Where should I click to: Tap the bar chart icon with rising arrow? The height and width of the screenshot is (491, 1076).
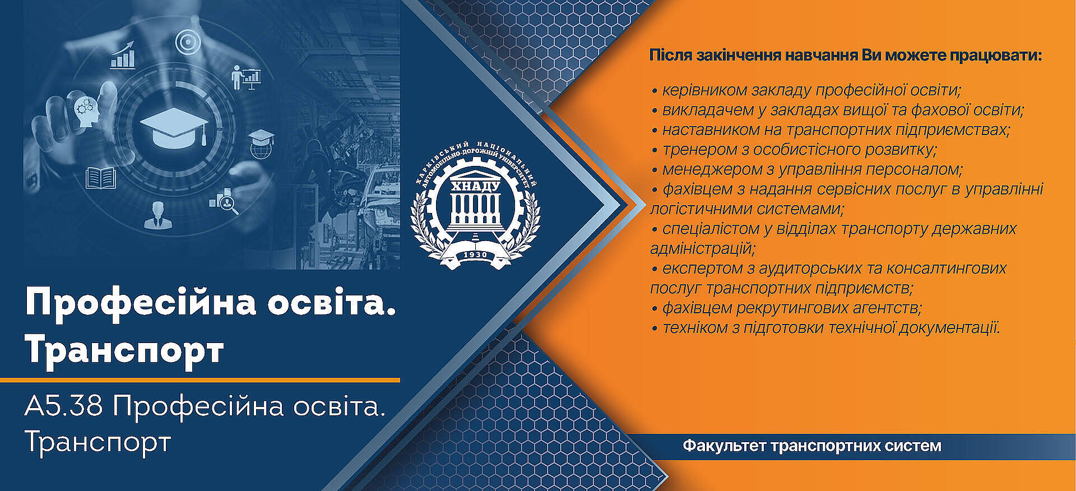tap(123, 55)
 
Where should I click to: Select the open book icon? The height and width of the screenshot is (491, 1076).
tap(101, 178)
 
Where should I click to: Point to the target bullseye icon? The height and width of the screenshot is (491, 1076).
tap(188, 42)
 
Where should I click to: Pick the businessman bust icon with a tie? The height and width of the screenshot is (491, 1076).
tap(158, 215)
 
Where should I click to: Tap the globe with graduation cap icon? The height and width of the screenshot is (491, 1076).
tap(261, 144)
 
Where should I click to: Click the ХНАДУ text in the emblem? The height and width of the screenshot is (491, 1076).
tap(475, 186)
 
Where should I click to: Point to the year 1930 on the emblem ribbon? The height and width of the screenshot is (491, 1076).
tap(475, 255)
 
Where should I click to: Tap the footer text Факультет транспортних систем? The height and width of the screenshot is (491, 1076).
tap(811, 446)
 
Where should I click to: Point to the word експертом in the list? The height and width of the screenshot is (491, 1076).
tap(703, 268)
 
